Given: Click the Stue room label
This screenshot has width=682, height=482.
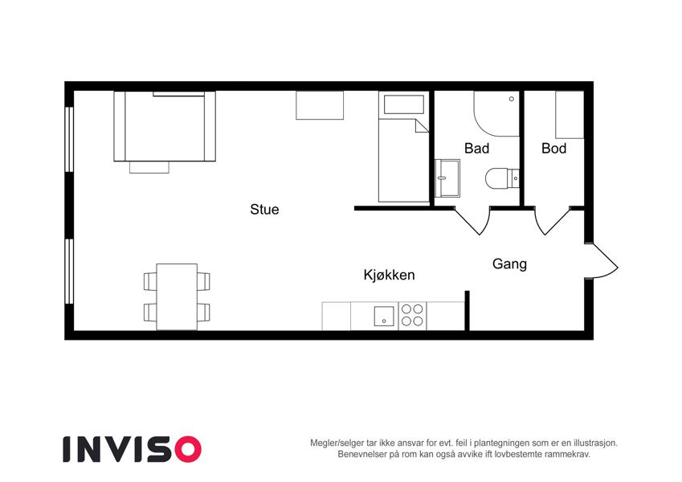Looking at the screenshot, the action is (264, 209).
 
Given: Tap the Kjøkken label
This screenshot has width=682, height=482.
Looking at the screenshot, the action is (390, 275).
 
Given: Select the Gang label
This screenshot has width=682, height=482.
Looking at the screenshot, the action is (509, 264).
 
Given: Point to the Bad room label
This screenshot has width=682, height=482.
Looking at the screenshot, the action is (476, 149).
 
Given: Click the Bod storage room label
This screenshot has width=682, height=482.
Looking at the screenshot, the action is (553, 149).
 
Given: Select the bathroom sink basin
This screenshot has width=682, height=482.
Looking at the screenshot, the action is (447, 178).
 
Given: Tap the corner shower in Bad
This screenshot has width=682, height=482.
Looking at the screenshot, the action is (496, 113).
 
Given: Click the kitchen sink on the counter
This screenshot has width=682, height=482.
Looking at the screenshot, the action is (384, 317).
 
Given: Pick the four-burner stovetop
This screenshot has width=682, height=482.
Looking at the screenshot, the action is (412, 316).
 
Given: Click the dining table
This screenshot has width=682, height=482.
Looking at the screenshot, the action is (177, 296).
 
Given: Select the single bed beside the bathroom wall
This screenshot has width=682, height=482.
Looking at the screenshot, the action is (403, 146).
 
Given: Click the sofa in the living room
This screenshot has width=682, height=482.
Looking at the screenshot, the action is (165, 127).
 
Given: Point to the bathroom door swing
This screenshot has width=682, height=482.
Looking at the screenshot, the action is (473, 221).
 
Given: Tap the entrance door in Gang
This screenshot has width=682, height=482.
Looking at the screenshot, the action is (602, 261).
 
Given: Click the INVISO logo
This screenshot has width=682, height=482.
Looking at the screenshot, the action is (133, 449).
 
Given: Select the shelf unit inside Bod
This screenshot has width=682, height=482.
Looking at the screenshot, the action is (570, 115).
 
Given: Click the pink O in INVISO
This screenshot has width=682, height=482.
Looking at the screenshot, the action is (188, 449).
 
